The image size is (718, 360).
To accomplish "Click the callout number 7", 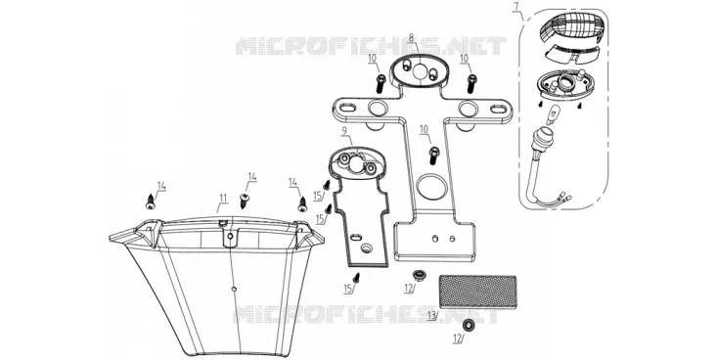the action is pyautogui.click(x=516, y=7).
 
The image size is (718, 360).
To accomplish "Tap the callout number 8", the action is pyautogui.click(x=411, y=38).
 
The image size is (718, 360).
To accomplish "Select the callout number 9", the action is pyautogui.click(x=344, y=130).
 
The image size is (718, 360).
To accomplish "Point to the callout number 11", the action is pyautogui.click(x=223, y=198).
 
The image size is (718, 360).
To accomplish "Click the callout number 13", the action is pyautogui.click(x=430, y=315).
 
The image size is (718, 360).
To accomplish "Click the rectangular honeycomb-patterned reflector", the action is pyautogui.click(x=477, y=291).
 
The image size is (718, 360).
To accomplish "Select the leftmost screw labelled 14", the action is pyautogui.click(x=151, y=202).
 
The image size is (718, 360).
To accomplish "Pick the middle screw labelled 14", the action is pyautogui.click(x=245, y=201).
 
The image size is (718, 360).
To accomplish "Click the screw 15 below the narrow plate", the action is pyautogui.click(x=357, y=277).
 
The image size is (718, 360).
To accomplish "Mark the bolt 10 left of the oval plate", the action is pyautogui.click(x=381, y=84).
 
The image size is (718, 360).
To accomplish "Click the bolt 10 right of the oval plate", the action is pyautogui.click(x=471, y=83).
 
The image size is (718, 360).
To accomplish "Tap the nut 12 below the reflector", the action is pyautogui.click(x=468, y=326).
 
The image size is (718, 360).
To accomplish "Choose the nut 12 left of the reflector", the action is pyautogui.click(x=418, y=275).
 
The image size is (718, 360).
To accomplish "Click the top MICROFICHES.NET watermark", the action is pyautogui.click(x=371, y=47).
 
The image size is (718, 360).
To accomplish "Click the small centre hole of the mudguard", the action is pyautogui.click(x=234, y=289).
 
